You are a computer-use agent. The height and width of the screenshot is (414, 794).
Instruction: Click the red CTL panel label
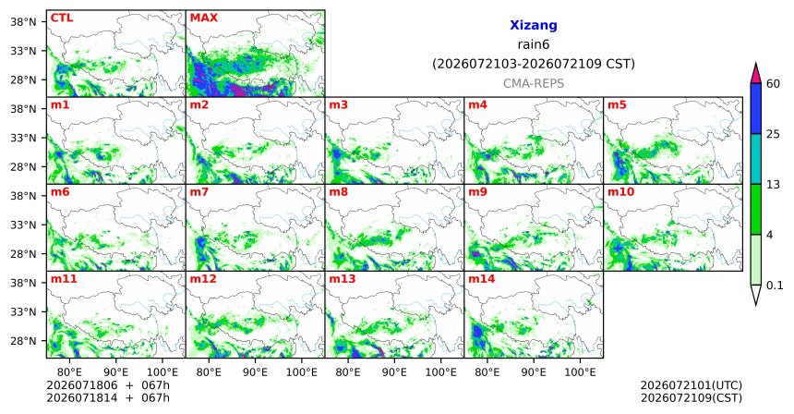[62, 18]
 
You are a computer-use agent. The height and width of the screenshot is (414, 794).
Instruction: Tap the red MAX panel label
[203, 18]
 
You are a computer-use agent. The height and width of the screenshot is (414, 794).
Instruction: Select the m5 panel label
[617, 105]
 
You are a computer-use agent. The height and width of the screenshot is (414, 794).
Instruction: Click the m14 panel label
[482, 279]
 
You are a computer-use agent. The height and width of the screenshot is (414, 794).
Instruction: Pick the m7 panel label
[199, 192]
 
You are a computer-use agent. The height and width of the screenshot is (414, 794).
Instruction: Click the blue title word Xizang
[534, 25]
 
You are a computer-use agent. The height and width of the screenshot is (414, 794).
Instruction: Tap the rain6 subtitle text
[534, 44]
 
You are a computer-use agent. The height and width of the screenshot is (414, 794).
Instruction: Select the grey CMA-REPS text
[534, 83]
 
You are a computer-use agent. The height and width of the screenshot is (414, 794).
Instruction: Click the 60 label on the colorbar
[774, 83]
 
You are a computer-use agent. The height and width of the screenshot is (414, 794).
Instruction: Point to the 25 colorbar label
[774, 134]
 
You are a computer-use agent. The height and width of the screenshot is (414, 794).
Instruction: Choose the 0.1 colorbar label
[775, 286]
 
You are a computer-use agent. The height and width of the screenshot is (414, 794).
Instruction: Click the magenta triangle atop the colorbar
[756, 75]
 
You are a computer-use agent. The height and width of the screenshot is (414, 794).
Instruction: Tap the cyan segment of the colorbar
[756, 159]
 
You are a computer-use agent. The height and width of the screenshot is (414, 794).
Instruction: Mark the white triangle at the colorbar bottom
[756, 293]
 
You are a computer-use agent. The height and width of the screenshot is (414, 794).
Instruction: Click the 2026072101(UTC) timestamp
[692, 386]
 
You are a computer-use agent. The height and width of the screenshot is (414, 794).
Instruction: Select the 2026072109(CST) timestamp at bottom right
[692, 397]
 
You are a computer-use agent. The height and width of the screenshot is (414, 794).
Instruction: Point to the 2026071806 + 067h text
[108, 385]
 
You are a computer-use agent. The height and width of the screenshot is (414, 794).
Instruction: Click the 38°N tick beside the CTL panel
[23, 22]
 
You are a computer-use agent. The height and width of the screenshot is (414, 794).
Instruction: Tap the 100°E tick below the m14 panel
[580, 372]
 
